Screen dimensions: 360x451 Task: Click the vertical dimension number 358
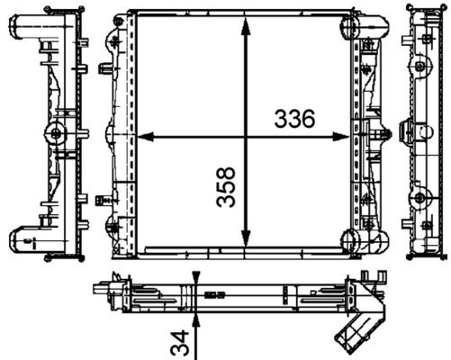(x=227, y=186)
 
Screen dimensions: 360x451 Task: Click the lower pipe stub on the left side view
(x=24, y=238)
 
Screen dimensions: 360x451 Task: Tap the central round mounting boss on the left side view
(x=56, y=134)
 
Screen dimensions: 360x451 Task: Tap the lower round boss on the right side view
(x=420, y=198)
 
